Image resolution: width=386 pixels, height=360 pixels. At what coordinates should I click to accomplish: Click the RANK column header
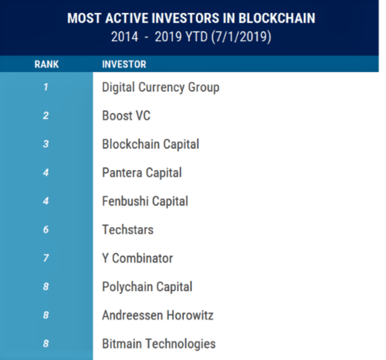pos(46,64)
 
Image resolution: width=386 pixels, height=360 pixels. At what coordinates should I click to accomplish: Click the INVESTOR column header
pos(124,64)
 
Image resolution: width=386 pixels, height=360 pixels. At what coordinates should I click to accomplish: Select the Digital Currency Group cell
pos(160,87)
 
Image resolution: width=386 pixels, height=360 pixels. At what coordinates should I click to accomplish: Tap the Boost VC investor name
pos(126,116)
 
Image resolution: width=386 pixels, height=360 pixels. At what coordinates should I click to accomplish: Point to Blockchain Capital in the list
pos(150,144)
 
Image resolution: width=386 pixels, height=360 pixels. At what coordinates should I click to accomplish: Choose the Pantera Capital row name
pos(142,173)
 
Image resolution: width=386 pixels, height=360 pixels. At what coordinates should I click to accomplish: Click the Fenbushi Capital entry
pos(145,201)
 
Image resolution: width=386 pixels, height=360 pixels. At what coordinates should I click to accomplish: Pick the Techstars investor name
pos(128,230)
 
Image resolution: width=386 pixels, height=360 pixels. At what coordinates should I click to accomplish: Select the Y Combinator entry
pos(138,259)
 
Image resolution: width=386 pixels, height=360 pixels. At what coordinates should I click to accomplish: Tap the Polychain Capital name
pos(147,287)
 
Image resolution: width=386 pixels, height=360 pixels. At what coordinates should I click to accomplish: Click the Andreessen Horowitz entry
pos(158,315)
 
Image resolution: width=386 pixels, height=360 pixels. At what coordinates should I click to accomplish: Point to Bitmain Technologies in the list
pos(159,344)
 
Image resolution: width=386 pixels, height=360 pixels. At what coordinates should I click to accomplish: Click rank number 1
pos(46,87)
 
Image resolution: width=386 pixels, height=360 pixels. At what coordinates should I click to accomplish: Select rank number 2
pos(46,116)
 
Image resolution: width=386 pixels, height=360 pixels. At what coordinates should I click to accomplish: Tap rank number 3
pos(46,144)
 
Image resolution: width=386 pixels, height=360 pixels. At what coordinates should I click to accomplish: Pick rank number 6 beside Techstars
pos(46,230)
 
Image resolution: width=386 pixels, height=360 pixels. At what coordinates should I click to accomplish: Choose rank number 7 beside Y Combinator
pos(46,258)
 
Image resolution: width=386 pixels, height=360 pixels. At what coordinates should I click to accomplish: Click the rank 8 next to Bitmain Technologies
pos(46,343)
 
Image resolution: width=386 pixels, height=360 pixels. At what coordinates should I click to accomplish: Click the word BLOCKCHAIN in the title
pos(277,18)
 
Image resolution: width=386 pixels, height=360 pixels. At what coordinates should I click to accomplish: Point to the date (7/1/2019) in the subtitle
pos(241,37)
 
